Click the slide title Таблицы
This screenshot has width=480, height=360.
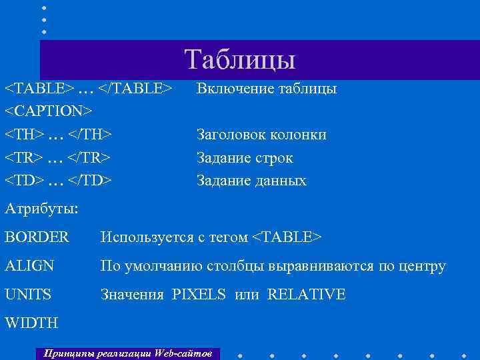click(x=240, y=59)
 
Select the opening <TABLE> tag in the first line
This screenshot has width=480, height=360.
click(x=39, y=89)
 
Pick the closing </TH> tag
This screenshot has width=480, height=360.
click(x=89, y=135)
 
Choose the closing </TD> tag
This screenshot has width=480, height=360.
click(x=89, y=181)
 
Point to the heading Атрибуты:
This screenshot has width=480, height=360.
click(x=42, y=209)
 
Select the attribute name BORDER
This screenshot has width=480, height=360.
click(x=37, y=237)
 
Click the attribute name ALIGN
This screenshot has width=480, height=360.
click(x=30, y=266)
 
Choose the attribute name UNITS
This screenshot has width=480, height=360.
click(x=28, y=294)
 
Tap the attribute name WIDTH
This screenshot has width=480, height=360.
click(x=31, y=323)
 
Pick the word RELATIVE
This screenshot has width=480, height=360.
click(x=306, y=294)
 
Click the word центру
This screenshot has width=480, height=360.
click(x=421, y=267)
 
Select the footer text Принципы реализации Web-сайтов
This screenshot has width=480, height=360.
click(x=127, y=351)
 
